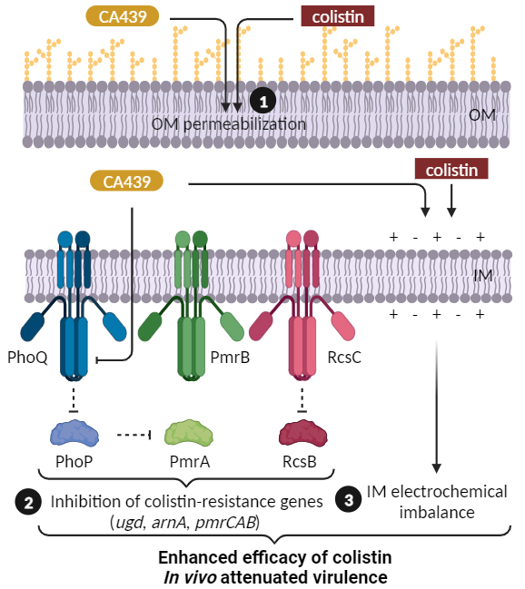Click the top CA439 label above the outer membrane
coord(123,16)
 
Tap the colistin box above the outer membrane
coord(338,16)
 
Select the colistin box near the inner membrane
coord(451,169)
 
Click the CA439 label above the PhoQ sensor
coord(127,182)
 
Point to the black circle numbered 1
coord(263,102)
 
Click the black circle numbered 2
coord(28,503)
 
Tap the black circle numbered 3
coord(349,499)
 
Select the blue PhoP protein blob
coord(74,434)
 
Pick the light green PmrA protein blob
coord(189,434)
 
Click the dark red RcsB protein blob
coord(303,434)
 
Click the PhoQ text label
coord(27,358)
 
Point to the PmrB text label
coord(230,358)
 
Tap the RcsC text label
coord(344,358)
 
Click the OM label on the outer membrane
coord(482,114)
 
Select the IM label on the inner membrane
coord(483,276)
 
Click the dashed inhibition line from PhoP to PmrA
coord(134,435)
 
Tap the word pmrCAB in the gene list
coord(225,523)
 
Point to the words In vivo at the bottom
coord(190,577)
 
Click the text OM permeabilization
coord(229,124)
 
